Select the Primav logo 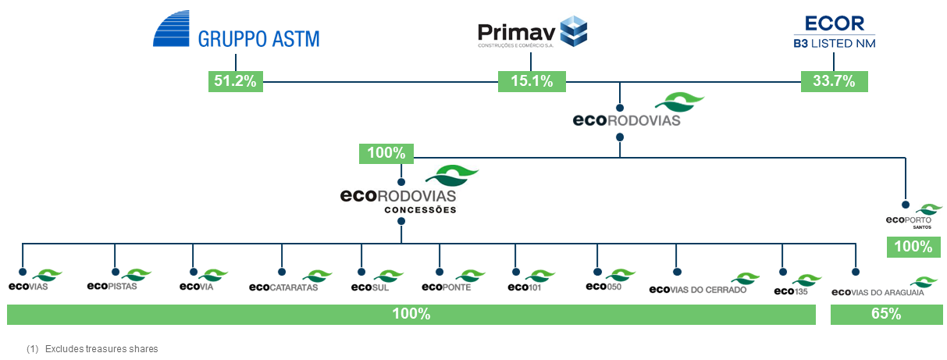click(x=532, y=34)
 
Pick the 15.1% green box click(x=532, y=80)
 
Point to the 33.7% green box click(x=834, y=80)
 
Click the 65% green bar click(x=885, y=314)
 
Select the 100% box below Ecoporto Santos click(x=913, y=247)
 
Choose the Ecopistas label click(x=112, y=286)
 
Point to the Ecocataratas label click(x=283, y=287)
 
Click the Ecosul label click(x=371, y=287)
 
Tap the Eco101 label click(x=524, y=287)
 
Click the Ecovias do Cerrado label click(x=698, y=289)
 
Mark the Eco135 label click(x=791, y=290)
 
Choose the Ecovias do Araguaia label click(x=878, y=293)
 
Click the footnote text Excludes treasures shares click(x=101, y=348)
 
